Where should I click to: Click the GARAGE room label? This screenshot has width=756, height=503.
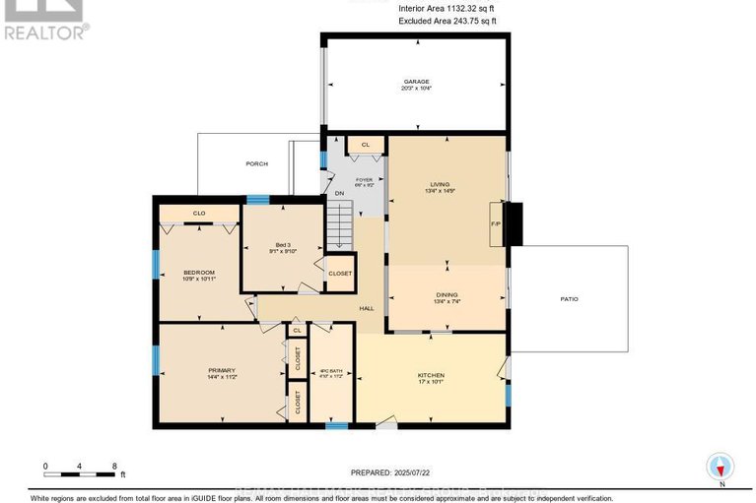click(x=417, y=83)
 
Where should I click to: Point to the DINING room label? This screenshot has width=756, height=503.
click(x=447, y=294)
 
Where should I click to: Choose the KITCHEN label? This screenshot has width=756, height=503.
click(x=430, y=375)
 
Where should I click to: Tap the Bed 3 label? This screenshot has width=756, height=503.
click(x=283, y=247)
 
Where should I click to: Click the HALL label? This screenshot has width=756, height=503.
click(x=367, y=308)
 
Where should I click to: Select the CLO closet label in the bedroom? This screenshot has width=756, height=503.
click(x=198, y=213)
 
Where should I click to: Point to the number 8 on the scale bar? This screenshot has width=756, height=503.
click(x=115, y=466)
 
